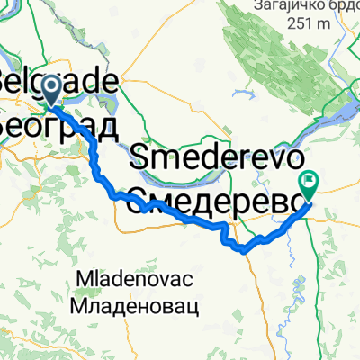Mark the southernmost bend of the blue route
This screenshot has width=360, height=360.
click(245, 250)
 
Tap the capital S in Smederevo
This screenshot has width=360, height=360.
click(139, 163)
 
